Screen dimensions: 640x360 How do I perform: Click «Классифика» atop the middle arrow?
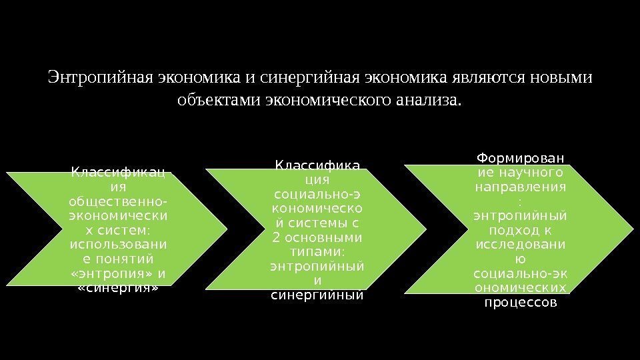pos(317,165)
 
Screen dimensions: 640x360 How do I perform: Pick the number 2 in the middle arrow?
pos(277,238)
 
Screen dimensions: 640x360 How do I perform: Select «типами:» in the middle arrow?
pos(317,253)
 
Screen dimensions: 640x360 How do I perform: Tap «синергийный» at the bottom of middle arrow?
pos(317,295)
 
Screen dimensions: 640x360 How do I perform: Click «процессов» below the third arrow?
pos(520,301)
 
